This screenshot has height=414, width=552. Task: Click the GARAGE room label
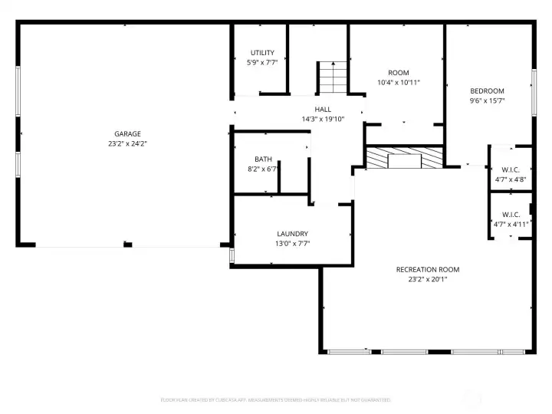point(127,134)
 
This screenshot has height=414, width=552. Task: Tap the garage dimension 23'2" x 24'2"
point(127,144)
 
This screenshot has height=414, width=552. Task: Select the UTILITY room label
point(261,53)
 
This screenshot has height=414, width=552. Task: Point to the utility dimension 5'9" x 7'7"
point(261,63)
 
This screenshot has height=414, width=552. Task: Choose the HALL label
point(323,110)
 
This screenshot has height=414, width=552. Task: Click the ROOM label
point(398,73)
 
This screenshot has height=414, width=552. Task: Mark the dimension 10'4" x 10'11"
point(398,83)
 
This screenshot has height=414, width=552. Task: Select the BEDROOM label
point(487,90)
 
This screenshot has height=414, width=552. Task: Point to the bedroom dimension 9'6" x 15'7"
point(487,100)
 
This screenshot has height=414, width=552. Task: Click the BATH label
point(263,159)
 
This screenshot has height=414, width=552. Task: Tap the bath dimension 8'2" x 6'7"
point(263,169)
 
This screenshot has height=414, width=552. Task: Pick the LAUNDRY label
point(292,234)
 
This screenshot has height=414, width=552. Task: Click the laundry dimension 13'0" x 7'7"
point(292,244)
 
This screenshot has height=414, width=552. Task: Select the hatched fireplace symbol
point(404,159)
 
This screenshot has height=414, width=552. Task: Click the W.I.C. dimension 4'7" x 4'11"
point(511,225)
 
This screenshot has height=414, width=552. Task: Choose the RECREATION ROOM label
point(427,269)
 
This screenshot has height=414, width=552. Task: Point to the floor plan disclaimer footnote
point(276,399)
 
